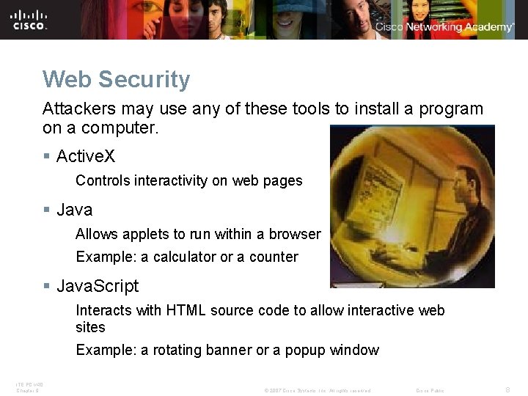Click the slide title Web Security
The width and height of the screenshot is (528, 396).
pos(117,79)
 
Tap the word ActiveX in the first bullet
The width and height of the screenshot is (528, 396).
pos(86,156)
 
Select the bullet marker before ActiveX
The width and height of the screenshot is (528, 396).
pos(47,156)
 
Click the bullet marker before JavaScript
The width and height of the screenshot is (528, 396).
pos(47,285)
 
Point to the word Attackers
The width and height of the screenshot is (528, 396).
pos(77,109)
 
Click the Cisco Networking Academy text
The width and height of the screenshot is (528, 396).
pos(444,27)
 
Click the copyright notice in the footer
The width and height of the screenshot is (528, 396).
pos(317,391)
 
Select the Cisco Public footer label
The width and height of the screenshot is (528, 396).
pos(430,391)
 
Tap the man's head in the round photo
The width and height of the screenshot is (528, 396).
pos(458,176)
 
